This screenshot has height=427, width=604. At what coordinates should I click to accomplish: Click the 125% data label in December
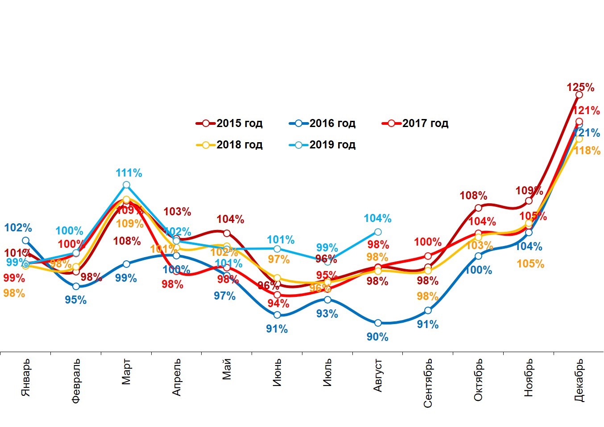click(580, 87)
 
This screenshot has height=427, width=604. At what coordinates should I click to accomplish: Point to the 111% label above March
click(129, 173)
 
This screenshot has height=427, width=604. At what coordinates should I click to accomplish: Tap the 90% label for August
click(377, 337)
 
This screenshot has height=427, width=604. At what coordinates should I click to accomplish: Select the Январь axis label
click(26, 377)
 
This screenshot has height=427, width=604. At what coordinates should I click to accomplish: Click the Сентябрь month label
click(428, 383)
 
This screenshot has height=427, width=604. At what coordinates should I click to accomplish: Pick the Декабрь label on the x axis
click(579, 380)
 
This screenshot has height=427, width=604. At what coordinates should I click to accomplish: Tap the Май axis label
click(227, 370)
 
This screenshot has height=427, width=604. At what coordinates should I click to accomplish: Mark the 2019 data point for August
click(378, 232)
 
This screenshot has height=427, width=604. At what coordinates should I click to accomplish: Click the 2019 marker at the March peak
click(126, 185)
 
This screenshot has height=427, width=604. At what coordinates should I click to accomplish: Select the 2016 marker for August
click(378, 323)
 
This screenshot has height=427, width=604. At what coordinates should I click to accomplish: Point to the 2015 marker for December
click(579, 94)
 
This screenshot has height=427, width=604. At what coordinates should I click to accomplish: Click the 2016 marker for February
click(76, 286)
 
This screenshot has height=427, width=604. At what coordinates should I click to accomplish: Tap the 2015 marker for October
click(478, 208)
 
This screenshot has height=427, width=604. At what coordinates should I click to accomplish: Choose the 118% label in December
click(587, 151)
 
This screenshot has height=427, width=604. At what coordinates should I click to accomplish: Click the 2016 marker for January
click(25, 240)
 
